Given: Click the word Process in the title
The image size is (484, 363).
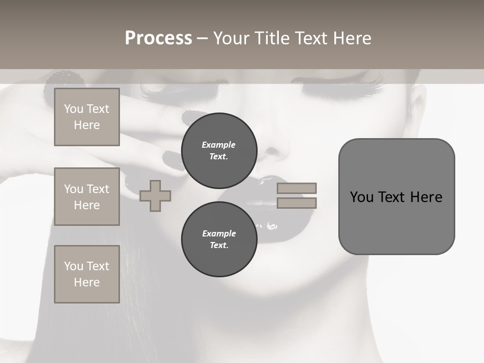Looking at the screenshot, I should (x=158, y=38).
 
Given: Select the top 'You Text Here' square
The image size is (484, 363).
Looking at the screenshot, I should (x=87, y=117).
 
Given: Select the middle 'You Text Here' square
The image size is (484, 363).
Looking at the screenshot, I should (x=87, y=197).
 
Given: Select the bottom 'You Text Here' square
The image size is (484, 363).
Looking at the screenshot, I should (x=87, y=274).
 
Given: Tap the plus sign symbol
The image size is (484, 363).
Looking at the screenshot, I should (x=155, y=196).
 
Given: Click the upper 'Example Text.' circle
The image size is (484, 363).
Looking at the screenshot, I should (x=219, y=151).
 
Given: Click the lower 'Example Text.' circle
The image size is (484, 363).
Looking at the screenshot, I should (x=219, y=239).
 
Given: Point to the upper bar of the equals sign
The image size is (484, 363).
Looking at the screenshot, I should (x=296, y=188).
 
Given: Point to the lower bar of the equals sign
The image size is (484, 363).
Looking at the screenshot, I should (x=296, y=203).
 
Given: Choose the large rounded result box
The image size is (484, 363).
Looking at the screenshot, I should (x=396, y=197).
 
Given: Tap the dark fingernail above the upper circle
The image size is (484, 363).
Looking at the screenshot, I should (x=192, y=117).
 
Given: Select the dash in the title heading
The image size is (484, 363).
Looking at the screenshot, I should (x=202, y=38).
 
